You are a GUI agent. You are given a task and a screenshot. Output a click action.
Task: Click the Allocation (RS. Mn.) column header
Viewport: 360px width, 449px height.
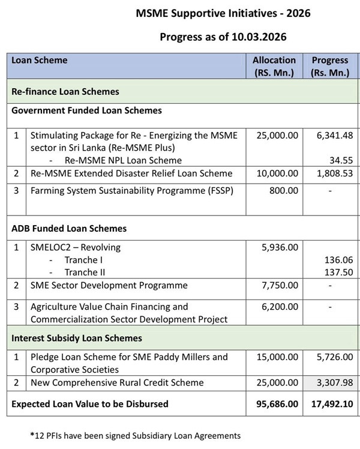click(x=274, y=66)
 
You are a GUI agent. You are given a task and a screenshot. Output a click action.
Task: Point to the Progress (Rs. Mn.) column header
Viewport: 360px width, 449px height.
click(x=329, y=66)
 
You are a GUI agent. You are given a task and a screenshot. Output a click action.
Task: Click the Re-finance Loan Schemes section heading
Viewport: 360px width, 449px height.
click(x=65, y=92)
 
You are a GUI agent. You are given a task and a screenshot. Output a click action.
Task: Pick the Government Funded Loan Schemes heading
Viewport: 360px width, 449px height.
click(x=86, y=111)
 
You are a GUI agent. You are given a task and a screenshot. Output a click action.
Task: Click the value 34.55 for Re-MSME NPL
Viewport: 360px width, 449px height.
click(x=341, y=160)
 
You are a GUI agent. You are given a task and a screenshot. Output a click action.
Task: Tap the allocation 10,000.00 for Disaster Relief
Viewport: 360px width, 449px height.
click(x=277, y=173)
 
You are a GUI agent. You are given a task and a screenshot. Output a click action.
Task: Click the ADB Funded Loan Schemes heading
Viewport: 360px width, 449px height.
click(x=69, y=229)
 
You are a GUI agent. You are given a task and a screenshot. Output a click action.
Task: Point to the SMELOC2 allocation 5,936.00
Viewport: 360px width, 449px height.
click(x=279, y=247)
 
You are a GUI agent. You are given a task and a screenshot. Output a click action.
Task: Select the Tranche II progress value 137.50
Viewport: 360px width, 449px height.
click(x=339, y=272)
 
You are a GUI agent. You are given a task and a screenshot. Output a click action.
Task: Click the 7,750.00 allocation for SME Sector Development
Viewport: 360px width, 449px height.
click(x=279, y=286)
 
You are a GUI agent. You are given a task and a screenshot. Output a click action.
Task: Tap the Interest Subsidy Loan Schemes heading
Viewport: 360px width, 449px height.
click(x=77, y=339)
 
